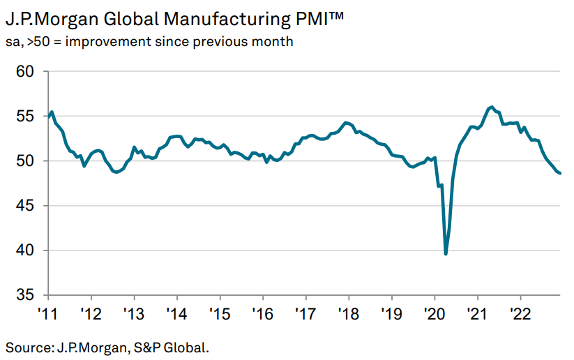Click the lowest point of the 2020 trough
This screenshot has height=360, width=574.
[446, 254]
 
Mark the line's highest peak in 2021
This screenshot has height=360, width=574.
[492, 107]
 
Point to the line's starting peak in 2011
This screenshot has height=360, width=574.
[53, 112]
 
